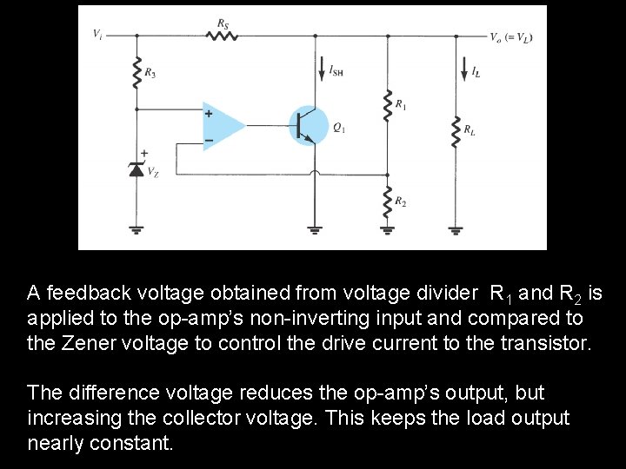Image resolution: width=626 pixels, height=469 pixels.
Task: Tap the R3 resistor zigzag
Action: click(137, 75)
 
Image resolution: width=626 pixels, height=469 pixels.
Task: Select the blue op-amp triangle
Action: click(223, 126)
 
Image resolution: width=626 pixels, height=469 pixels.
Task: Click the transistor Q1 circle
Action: click(307, 126)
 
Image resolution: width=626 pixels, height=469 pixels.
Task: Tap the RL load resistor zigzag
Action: click(456, 132)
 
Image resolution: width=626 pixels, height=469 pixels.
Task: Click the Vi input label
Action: click(97, 35)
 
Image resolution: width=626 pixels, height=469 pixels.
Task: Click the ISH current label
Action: click(336, 71)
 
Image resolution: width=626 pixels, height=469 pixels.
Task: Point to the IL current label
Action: click(475, 72)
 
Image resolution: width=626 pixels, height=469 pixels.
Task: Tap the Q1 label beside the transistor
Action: click(338, 128)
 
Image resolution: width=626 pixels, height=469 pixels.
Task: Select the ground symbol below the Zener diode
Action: click(137, 230)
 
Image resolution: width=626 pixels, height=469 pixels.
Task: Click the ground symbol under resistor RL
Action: click(456, 230)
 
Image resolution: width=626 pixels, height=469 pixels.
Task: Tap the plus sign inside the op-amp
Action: click(209, 114)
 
